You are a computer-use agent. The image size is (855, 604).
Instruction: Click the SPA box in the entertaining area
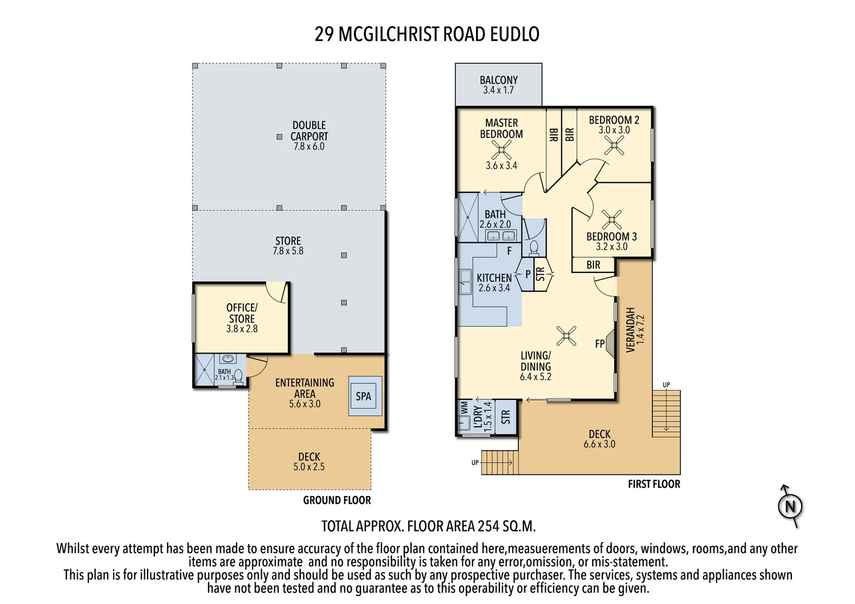[x=365, y=396]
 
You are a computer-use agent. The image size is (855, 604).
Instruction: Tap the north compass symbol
[x=791, y=506]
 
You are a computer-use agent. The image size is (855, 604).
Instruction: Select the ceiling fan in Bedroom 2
[x=614, y=145]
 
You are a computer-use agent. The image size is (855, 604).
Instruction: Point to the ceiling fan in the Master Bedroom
[x=501, y=150]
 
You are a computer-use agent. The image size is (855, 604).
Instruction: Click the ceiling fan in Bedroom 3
[x=612, y=220]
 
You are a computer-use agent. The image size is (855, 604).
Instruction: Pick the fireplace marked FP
[x=610, y=343]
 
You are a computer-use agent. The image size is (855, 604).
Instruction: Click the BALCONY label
[x=498, y=80]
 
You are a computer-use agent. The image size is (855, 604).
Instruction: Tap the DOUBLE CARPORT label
[x=309, y=130]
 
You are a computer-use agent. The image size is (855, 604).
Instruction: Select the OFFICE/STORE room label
[x=242, y=313]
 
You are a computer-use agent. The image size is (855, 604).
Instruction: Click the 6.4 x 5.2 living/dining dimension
[x=536, y=377]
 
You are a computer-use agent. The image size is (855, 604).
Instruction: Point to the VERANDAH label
[x=630, y=330]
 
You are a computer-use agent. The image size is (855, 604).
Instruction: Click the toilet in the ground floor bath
[x=238, y=376]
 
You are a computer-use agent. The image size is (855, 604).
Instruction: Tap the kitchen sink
[x=465, y=282]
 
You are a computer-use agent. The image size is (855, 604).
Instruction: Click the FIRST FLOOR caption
[x=654, y=484]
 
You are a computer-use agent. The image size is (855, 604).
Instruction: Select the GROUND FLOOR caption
[x=337, y=500]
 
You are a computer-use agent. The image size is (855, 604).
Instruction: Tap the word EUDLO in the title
[x=514, y=34]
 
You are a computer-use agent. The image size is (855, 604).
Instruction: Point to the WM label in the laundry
[x=464, y=408]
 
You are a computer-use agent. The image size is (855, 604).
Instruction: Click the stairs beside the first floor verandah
[x=666, y=413]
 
